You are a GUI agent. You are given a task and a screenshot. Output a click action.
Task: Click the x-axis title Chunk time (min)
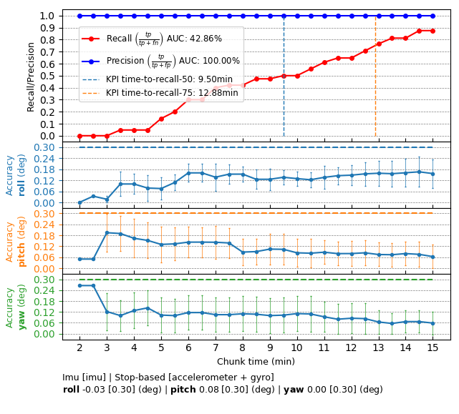(256, 362)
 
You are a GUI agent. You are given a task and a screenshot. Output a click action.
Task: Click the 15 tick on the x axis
(433, 347)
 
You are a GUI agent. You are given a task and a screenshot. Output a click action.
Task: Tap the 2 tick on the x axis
(79, 347)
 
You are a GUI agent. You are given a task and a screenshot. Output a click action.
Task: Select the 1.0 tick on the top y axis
(48, 16)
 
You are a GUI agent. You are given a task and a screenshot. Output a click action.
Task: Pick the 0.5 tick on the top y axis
(48, 76)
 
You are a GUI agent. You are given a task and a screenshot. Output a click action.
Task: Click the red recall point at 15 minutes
(433, 31)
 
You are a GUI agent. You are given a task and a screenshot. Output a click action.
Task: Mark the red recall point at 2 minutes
(79, 136)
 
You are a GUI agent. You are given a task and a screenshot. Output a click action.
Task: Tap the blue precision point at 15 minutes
(433, 16)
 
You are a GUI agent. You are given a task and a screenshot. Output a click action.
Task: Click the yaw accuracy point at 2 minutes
(79, 285)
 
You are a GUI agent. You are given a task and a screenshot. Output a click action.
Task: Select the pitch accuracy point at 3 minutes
(107, 232)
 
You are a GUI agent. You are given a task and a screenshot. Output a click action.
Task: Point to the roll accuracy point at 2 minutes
(79, 202)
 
